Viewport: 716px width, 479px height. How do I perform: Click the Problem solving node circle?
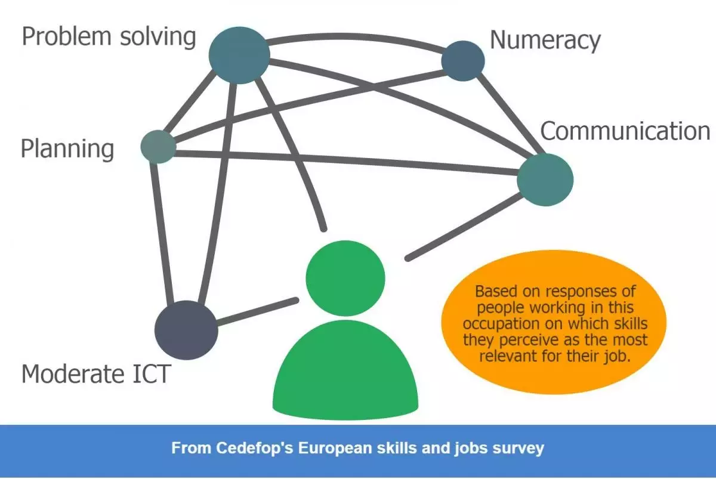(239, 55)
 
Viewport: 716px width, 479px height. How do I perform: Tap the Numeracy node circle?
(463, 60)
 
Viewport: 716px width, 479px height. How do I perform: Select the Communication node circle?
(545, 180)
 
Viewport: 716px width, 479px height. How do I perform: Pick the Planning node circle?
(158, 146)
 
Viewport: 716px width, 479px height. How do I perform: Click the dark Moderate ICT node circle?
(186, 330)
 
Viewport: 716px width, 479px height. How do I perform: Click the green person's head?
(344, 277)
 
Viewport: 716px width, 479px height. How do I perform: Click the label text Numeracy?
(545, 40)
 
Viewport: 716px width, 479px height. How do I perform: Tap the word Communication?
(625, 131)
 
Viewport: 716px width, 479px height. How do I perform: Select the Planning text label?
(67, 149)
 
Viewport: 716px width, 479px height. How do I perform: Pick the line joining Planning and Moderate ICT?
(162, 233)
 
